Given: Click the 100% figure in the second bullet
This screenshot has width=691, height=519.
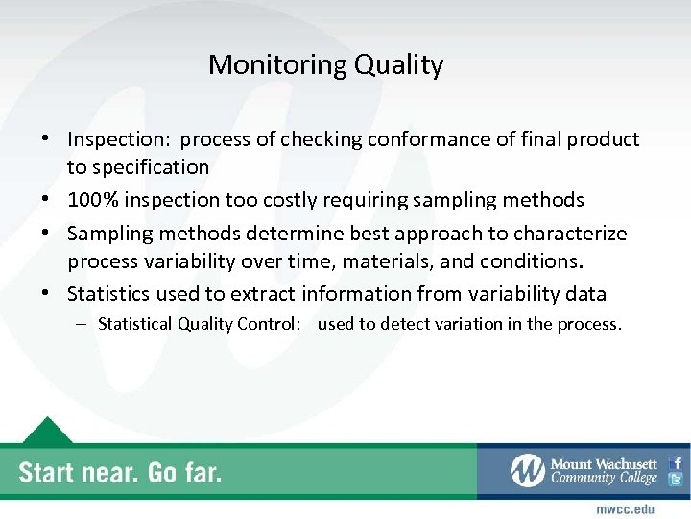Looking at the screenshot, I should pos(91,200).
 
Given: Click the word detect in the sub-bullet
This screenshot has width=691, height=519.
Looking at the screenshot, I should pos(404,324).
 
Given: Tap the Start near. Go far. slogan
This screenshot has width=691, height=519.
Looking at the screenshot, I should pos(120,472).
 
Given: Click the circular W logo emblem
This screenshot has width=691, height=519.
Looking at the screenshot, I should pos(528,471).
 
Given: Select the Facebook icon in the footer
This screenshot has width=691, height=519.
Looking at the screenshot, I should pos(676,462).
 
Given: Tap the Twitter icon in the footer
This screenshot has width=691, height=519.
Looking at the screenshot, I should pos(676,480).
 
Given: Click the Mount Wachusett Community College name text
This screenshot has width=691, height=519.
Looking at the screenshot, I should pos(604,471).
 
